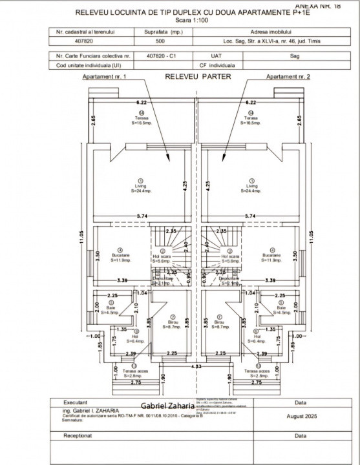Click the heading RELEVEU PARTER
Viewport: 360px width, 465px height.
click(x=194, y=76)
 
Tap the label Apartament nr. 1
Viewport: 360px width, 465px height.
click(x=105, y=77)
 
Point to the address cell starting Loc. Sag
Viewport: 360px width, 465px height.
click(x=270, y=41)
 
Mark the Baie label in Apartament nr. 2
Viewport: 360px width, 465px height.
click(x=281, y=308)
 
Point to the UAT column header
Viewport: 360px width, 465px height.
click(x=207, y=56)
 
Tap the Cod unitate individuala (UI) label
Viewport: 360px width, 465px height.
click(x=88, y=65)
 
